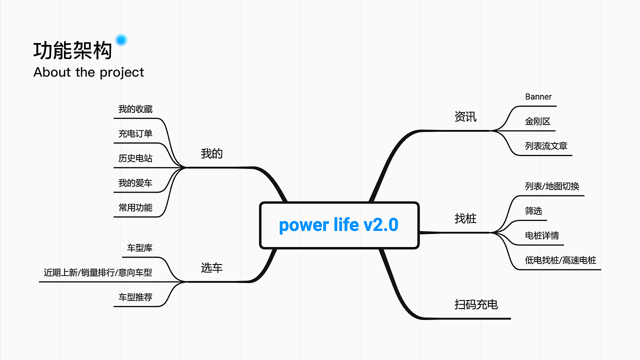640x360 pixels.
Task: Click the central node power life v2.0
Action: pos(339,225)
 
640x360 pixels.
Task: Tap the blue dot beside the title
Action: pos(121,40)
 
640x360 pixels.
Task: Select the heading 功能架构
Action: pos(72,51)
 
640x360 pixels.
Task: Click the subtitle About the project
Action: pos(88,72)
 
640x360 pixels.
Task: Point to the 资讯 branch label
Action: pos(465,117)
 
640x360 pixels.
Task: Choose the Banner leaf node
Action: pos(538,97)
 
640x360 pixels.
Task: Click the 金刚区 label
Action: pos(537,121)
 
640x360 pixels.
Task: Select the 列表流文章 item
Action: pos(546,146)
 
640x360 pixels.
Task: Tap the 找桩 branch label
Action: pos(465,219)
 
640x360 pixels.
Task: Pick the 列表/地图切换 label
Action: pos(552,186)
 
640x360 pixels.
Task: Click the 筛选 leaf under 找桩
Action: pos(533,211)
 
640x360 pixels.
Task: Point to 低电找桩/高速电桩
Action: pos(560,260)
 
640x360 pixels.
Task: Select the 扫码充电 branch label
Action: pos(476,304)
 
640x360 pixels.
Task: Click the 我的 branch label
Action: pos(211,154)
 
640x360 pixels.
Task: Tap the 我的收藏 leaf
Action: pos(135,109)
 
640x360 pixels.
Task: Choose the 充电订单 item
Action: pos(135,133)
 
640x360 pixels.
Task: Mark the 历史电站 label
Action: pos(135,158)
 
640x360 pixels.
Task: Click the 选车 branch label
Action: pos(211,268)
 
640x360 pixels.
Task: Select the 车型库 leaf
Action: pos(139,248)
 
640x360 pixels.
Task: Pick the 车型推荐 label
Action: pos(135,297)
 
